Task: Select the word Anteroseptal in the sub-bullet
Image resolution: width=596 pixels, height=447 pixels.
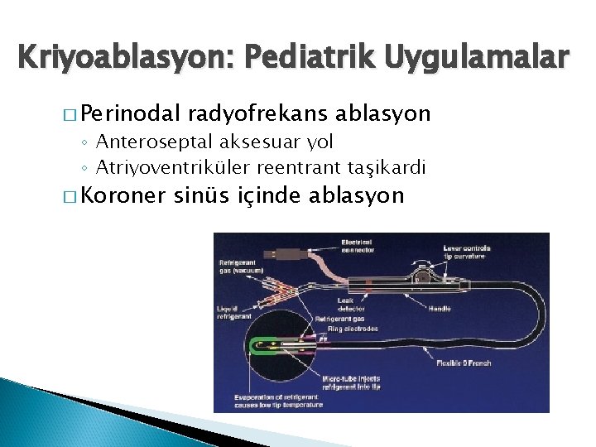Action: pos(147,143)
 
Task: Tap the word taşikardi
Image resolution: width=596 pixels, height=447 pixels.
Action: pos(385,167)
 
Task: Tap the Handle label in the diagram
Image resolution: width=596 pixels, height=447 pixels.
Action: pos(440,307)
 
